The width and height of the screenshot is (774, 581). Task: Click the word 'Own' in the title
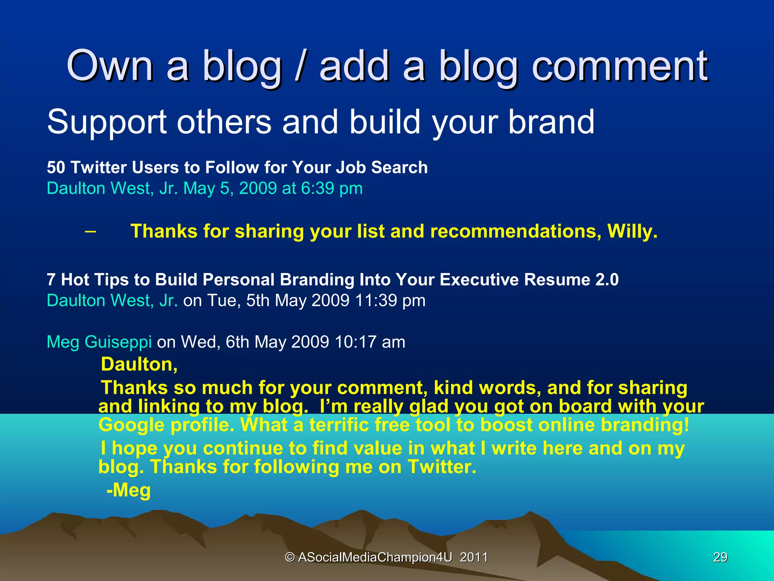110,66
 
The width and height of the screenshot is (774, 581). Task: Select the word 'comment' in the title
620,66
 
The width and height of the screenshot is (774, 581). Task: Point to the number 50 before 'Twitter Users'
56,168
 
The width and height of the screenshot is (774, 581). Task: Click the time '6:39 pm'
331,188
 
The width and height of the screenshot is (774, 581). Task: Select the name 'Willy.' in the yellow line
632,231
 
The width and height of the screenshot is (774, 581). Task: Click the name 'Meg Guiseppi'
99,342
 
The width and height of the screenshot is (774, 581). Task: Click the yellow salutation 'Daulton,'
139,365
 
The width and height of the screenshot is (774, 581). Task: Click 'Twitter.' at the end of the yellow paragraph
442,467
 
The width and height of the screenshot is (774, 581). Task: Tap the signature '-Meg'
128,491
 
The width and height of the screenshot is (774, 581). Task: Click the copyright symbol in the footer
289,557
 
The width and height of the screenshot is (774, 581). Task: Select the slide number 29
720,557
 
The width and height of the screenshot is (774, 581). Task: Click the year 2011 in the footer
474,557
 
